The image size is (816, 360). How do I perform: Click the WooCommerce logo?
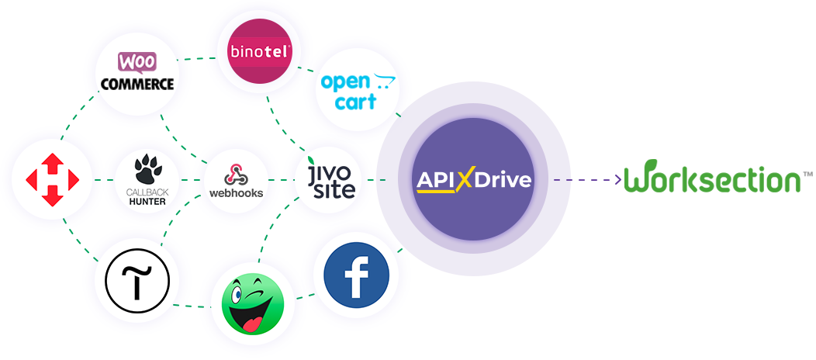point(135,71)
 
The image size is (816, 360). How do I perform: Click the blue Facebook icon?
point(356,275)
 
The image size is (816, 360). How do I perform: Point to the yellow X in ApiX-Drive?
point(464,181)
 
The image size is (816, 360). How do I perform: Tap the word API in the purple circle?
point(434,180)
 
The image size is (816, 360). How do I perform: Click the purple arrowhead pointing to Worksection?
point(617,180)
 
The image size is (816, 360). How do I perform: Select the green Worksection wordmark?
point(712,179)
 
